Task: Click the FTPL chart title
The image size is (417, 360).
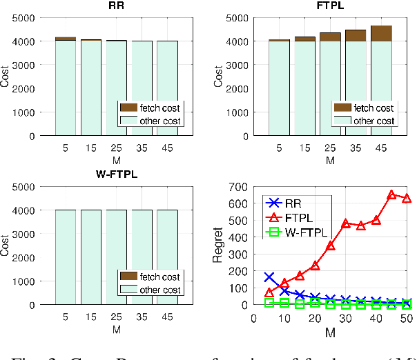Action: click(327, 7)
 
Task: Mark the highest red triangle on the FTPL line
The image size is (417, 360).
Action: click(391, 195)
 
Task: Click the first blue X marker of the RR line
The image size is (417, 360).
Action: click(269, 277)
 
